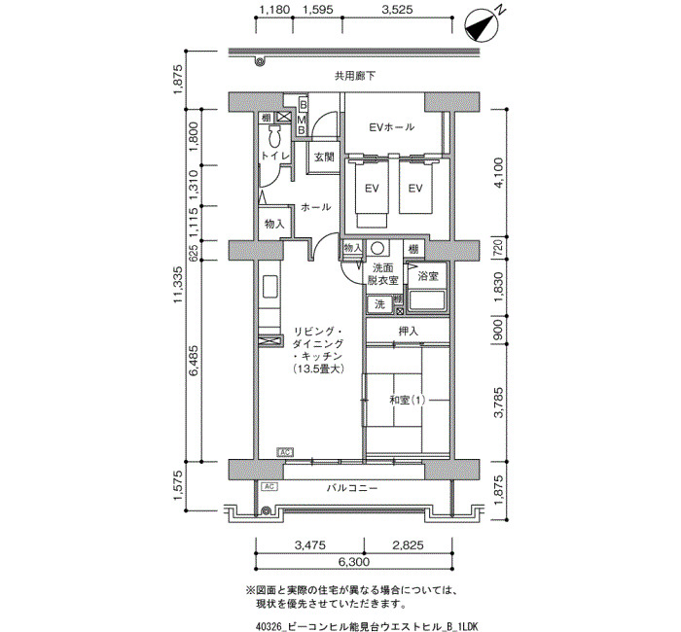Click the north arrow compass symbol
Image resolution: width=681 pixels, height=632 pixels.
pos(483,24)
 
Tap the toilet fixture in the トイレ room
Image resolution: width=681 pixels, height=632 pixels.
pos(274,138)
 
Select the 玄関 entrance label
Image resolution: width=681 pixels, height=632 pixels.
pos(324,158)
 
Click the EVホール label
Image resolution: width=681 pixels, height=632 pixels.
pos(391,127)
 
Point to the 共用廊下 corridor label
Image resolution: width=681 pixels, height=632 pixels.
pos(355,77)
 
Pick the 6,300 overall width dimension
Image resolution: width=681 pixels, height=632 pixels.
pos(354,562)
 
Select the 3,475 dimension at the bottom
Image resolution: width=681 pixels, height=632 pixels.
pos(309,544)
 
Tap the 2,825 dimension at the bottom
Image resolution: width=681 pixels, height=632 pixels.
pos(408,544)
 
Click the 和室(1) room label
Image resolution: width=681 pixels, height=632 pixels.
pos(408,400)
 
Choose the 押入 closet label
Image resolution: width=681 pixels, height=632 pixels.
pos(409,332)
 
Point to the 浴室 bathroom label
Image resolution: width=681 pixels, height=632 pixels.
pos(428,276)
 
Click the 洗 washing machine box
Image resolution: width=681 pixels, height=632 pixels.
pos(379,304)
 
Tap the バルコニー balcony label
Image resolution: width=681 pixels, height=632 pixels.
pos(352,488)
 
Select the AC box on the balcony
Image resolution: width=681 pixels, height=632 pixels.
pos(269,486)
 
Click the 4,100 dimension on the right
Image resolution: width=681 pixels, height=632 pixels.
pos(498,172)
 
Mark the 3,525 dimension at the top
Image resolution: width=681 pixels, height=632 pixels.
pos(397,10)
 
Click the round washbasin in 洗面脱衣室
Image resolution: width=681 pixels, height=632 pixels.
pos(377,249)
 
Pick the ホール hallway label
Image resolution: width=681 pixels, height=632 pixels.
pos(316,207)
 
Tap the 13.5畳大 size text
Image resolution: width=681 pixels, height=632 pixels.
pos(318,369)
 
